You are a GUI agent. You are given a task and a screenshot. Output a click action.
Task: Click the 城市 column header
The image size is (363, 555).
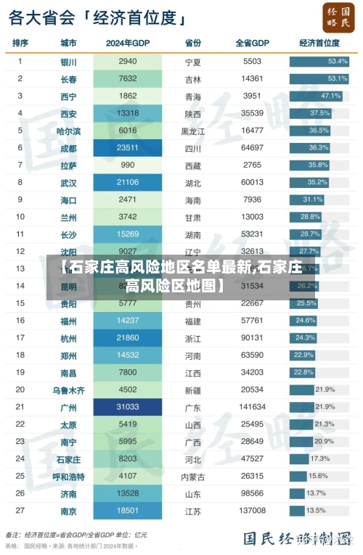pyautogui.click(x=69, y=43)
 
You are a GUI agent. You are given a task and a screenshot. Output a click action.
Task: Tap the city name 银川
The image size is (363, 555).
pyautogui.click(x=69, y=62)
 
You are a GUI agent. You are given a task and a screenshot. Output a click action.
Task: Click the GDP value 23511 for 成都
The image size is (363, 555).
pyautogui.click(x=128, y=147)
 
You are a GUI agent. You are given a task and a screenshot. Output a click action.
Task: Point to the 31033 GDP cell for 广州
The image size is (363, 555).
pyautogui.click(x=128, y=407)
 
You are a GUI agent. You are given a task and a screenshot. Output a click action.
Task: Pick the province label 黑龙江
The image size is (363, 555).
pyautogui.click(x=193, y=131)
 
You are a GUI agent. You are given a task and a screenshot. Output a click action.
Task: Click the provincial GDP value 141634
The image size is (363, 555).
pyautogui.click(x=253, y=407)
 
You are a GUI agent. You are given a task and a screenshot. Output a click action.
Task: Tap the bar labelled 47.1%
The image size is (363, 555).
pyautogui.click(x=315, y=96)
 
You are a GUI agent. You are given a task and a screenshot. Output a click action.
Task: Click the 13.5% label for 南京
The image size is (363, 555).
pyautogui.click(x=317, y=511)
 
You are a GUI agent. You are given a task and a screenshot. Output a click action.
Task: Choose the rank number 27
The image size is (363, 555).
pyautogui.click(x=20, y=511)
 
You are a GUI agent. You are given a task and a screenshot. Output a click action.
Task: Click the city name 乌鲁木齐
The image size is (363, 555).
pyautogui.click(x=69, y=390)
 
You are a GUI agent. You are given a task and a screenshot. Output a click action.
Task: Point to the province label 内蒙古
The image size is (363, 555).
pyautogui.click(x=193, y=477)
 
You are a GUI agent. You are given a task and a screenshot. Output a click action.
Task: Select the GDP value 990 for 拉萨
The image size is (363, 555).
pyautogui.click(x=128, y=165)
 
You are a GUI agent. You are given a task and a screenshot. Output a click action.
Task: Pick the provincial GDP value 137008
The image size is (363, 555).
pyautogui.click(x=253, y=511)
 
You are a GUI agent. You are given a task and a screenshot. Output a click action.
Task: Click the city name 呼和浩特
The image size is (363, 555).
pyautogui.click(x=69, y=477)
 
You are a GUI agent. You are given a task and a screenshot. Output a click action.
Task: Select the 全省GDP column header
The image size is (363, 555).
pyautogui.click(x=253, y=43)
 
